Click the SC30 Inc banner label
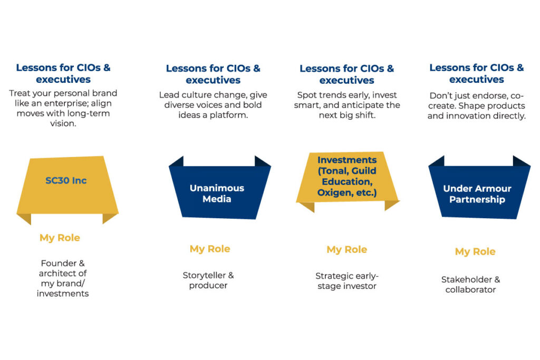pos(66,180)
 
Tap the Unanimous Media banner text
pos(217,193)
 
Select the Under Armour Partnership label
pos(477,194)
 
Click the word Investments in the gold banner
pos(347,160)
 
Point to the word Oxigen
pos(332,192)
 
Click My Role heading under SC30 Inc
pos(60,238)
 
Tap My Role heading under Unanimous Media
pos(210,249)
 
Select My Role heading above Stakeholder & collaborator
pos(475,251)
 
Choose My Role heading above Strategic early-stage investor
pos(347,249)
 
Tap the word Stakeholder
pos(467,279)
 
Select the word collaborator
pos(470,289)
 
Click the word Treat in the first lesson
pos(20,93)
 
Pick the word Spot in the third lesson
pos(306,95)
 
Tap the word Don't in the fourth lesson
pos(439,95)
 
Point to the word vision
pos(63,123)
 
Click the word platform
pos(229,115)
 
